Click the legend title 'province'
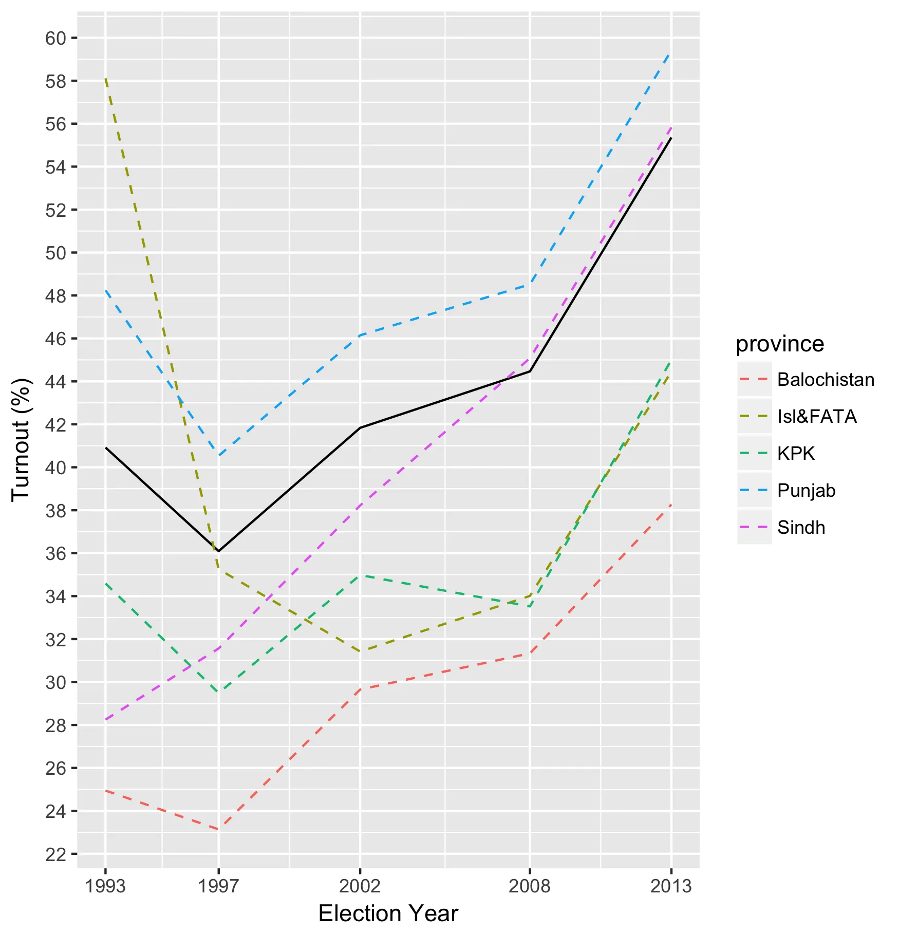tap(780, 344)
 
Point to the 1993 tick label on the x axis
tap(105, 886)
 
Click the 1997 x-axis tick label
tap(219, 886)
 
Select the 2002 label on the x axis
tap(360, 886)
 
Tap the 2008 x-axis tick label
tap(530, 886)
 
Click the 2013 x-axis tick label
tap(671, 886)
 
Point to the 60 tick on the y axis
tap(56, 39)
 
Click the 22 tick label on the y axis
tap(56, 854)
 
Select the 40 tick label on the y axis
tap(56, 468)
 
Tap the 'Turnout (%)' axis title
tap(22, 440)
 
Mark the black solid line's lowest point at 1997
tap(219, 551)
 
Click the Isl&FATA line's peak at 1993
tap(105, 78)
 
